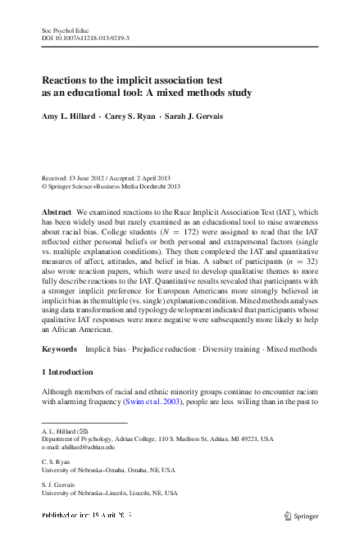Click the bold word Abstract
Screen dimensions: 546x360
(57, 212)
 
